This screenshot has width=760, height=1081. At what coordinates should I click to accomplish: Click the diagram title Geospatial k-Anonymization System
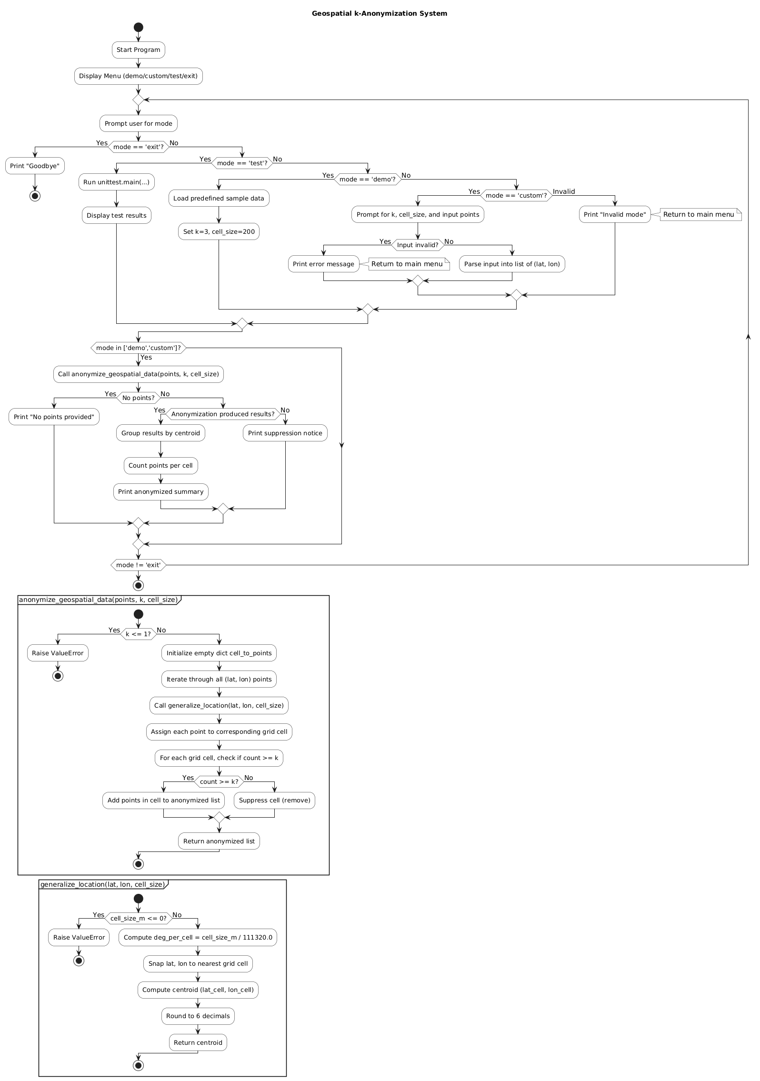pyautogui.click(x=379, y=13)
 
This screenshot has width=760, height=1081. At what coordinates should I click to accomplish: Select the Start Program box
pyautogui.click(x=138, y=50)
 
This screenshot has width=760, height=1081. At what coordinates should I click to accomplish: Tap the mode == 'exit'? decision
pyautogui.click(x=138, y=147)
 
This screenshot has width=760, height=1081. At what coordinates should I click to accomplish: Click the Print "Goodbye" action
pyautogui.click(x=35, y=166)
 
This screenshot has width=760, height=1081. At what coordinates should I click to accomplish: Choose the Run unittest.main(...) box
pyautogui.click(x=116, y=182)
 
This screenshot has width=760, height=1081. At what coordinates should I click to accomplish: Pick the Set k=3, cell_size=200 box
pyautogui.click(x=219, y=232)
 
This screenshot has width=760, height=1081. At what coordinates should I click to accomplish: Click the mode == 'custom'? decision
pyautogui.click(x=516, y=195)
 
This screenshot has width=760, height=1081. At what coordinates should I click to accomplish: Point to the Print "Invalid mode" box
pyautogui.click(x=614, y=215)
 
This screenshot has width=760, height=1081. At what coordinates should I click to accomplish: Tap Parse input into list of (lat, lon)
pyautogui.click(x=511, y=264)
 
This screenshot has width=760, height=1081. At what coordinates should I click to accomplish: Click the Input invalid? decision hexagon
pyautogui.click(x=418, y=245)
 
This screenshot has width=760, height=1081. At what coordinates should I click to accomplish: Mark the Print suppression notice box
pyautogui.click(x=285, y=433)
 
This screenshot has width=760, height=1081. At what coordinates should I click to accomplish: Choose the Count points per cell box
pyautogui.click(x=160, y=466)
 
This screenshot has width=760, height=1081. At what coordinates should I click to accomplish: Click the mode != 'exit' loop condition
pyautogui.click(x=138, y=565)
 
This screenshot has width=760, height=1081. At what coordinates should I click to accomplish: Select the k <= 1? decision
pyautogui.click(x=138, y=634)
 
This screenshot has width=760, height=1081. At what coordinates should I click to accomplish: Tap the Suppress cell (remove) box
pyautogui.click(x=274, y=801)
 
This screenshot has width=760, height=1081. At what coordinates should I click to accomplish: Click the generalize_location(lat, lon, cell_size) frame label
pyautogui.click(x=102, y=884)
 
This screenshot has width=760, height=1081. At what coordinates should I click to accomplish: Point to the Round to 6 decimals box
pyautogui.click(x=198, y=1016)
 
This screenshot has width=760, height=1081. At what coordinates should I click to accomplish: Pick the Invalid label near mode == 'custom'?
pyautogui.click(x=563, y=191)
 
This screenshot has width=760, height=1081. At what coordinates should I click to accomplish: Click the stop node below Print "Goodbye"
pyautogui.click(x=35, y=196)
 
